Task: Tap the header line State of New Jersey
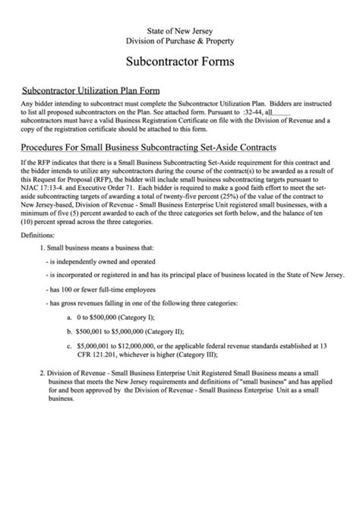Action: pos(179,27)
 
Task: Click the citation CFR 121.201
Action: pos(102,355)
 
